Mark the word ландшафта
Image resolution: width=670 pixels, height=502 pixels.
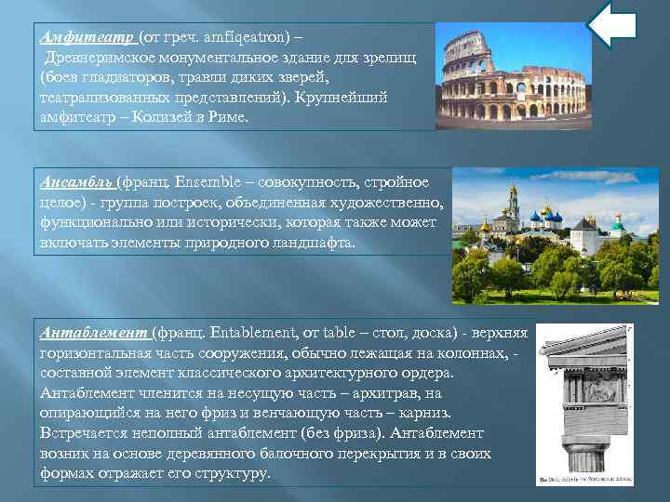click(x=312, y=243)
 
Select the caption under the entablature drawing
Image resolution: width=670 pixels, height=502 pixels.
click(x=585, y=480)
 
